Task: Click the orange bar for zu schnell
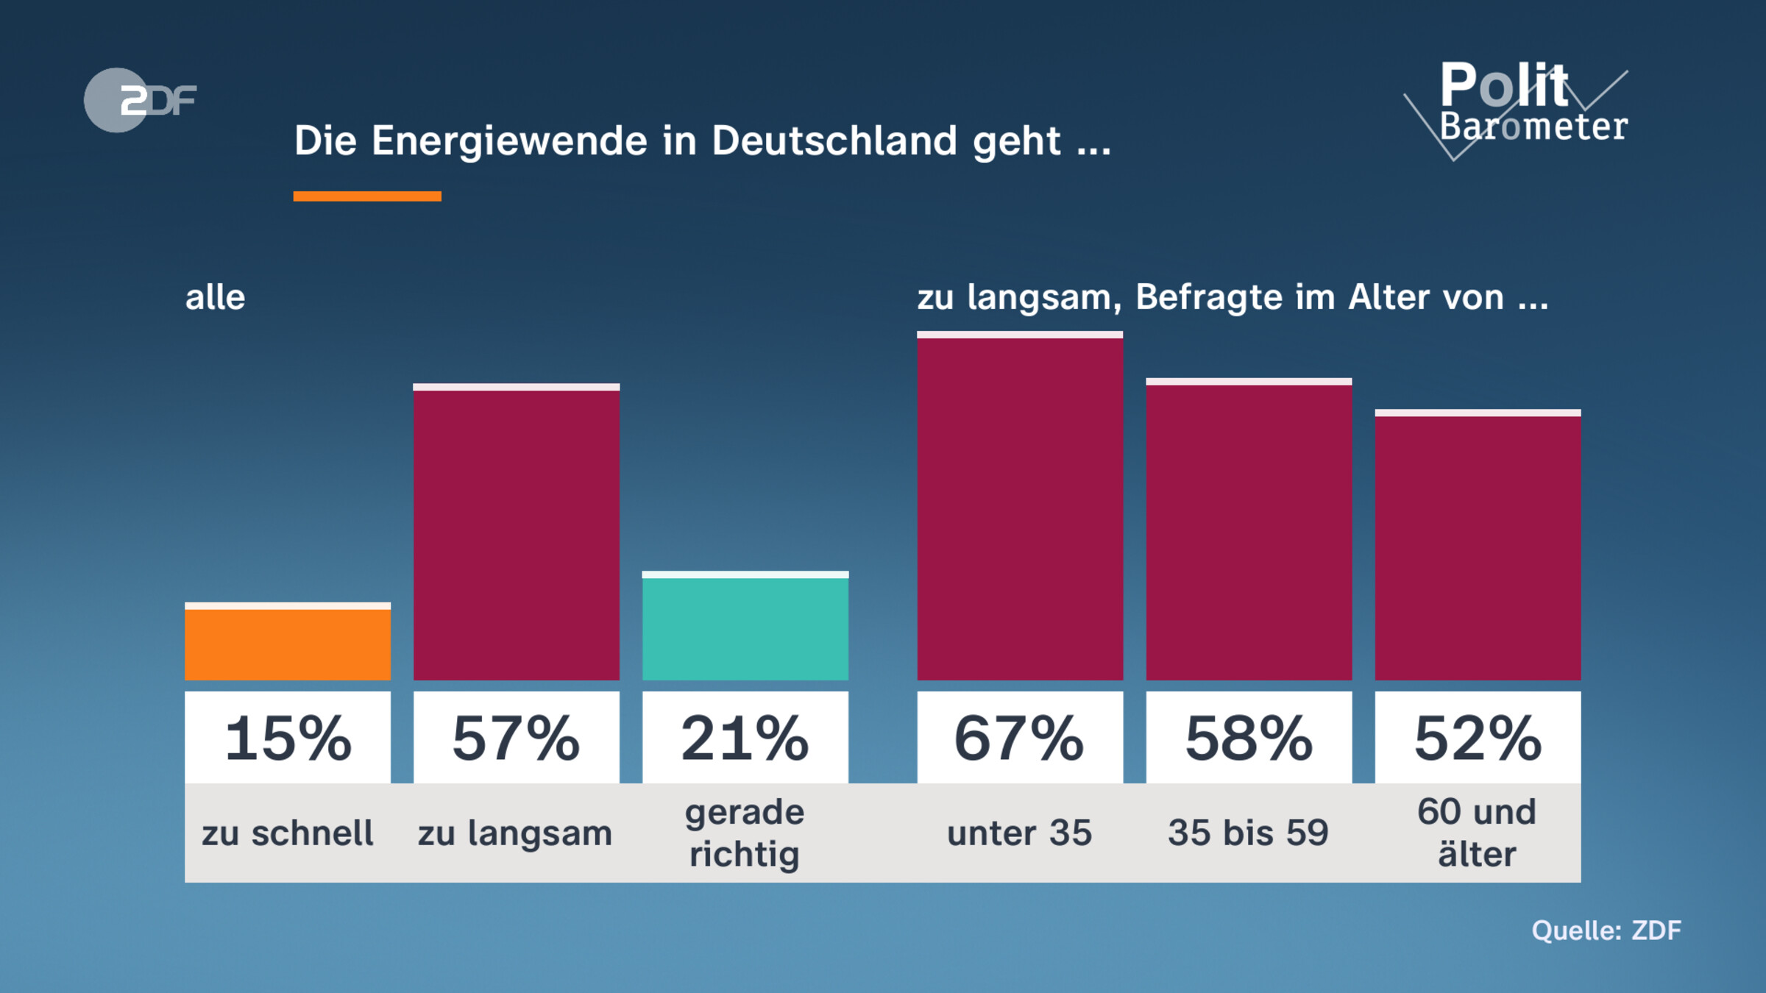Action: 288,643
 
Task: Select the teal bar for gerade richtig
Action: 745,627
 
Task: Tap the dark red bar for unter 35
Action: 1020,508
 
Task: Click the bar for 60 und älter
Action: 1478,546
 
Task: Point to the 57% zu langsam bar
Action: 516,533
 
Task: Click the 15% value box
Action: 288,738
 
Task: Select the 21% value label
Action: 745,738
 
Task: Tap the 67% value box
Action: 1020,738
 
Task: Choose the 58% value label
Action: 1249,738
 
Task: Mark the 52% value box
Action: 1478,738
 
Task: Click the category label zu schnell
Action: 288,833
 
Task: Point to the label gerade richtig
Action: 745,833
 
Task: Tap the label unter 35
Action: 1020,833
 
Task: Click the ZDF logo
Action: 140,100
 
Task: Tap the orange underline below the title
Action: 367,196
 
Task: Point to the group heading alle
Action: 215,298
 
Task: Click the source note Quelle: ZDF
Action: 1606,930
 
